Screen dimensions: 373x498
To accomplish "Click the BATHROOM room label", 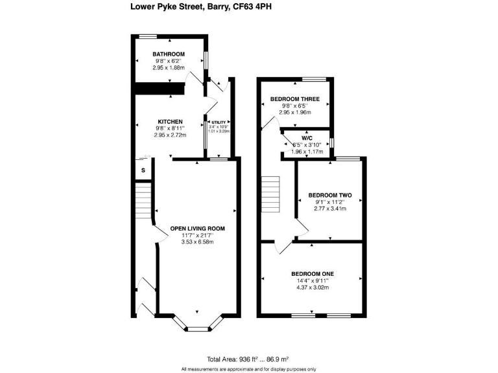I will (169, 54).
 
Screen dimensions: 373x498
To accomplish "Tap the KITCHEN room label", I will (170, 122).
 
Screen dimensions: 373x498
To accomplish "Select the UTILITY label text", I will (217, 122).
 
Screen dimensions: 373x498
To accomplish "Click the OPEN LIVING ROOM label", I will (197, 229).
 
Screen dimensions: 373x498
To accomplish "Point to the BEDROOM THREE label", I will (295, 99).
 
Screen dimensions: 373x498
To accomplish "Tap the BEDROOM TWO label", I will (329, 195).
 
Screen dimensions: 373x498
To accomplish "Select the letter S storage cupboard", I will (143, 170).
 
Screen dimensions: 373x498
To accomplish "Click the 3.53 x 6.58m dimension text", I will (197, 242).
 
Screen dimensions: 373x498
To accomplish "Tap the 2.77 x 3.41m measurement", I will (329, 209).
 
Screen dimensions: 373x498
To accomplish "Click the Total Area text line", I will (248, 359).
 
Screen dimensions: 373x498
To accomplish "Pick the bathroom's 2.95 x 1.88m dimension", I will (169, 67).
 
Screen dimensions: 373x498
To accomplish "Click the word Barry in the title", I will (216, 8).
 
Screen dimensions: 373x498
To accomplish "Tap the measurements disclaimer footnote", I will (248, 368).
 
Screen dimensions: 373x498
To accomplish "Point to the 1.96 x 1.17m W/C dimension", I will (308, 152).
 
